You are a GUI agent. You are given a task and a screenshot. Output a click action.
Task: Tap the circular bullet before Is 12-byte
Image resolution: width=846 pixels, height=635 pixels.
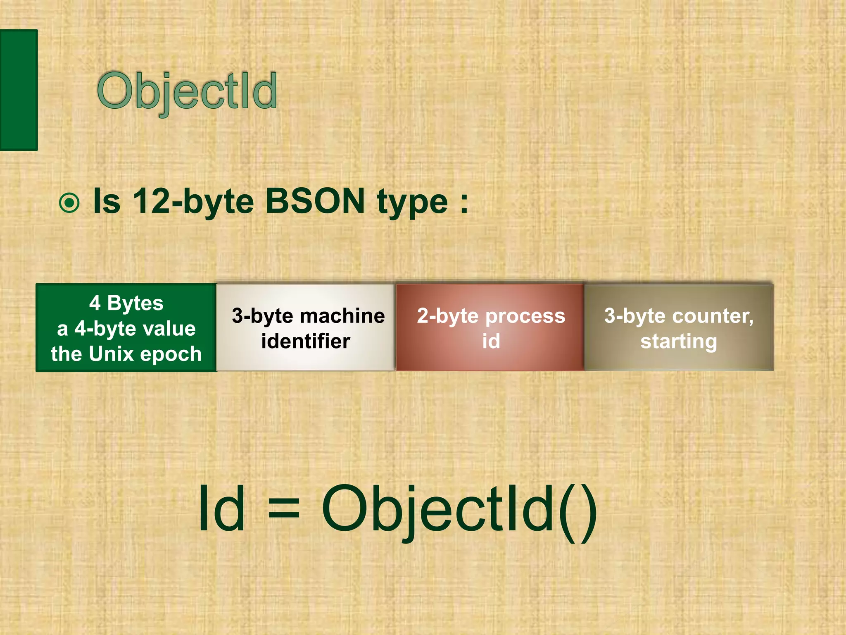click(x=69, y=203)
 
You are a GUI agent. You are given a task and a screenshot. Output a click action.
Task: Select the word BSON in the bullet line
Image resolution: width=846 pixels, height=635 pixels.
click(x=315, y=201)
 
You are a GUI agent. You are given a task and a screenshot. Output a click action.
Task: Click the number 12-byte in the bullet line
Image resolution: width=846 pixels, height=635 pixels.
click(x=192, y=201)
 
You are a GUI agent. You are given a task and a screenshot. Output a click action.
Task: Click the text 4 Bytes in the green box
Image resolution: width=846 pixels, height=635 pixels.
click(x=126, y=303)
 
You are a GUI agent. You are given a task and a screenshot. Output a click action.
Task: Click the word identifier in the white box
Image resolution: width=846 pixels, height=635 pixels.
click(x=305, y=341)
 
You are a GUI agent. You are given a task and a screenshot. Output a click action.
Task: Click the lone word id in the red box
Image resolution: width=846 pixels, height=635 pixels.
click(x=491, y=341)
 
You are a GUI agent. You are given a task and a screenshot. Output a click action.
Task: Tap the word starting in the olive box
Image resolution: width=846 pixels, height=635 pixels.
click(x=679, y=341)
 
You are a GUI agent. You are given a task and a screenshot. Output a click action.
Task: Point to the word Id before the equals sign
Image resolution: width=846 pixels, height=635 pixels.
click(x=221, y=508)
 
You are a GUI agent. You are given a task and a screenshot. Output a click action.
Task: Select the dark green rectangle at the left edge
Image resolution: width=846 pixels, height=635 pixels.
click(x=19, y=90)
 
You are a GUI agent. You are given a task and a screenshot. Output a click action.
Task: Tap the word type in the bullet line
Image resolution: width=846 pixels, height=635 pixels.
click(x=412, y=203)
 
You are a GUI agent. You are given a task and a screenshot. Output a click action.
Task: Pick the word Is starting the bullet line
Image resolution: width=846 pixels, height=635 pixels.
click(x=107, y=201)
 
